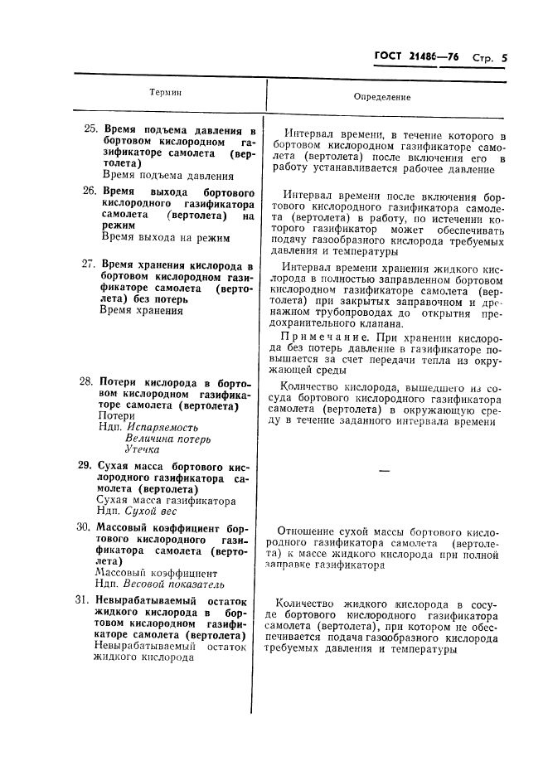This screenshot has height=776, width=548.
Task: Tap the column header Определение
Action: click(382, 97)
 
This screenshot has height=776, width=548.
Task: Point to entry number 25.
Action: click(90, 130)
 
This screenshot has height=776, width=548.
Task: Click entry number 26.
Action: click(90, 191)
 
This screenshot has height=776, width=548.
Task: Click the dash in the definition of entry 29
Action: click(383, 471)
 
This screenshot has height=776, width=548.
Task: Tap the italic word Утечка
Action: click(143, 449)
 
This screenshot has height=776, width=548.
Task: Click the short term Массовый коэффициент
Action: click(157, 572)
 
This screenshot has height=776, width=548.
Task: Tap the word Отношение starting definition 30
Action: click(309, 530)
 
